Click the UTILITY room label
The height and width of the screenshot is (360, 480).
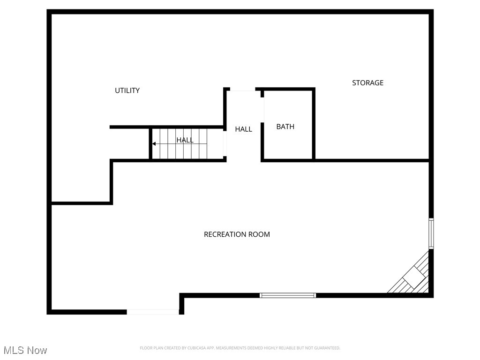tap(127, 90)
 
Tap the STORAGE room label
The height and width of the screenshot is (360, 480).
tap(367, 83)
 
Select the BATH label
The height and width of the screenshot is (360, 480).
tap(285, 127)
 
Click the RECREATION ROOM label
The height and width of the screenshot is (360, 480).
tap(237, 234)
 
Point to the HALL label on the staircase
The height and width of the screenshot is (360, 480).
tap(185, 140)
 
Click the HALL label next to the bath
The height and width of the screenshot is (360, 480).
tap(243, 129)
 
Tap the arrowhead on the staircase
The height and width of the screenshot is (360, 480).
tap(154, 144)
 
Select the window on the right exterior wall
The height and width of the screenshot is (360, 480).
tap(431, 233)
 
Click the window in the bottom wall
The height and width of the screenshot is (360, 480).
tap(288, 295)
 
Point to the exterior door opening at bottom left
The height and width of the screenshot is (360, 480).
tap(153, 312)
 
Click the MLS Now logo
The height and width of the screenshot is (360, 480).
tap(25, 350)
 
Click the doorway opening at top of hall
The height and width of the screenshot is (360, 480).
tap(242, 90)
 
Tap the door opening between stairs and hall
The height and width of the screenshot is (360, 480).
tap(225, 142)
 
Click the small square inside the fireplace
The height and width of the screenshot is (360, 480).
tap(415, 277)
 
